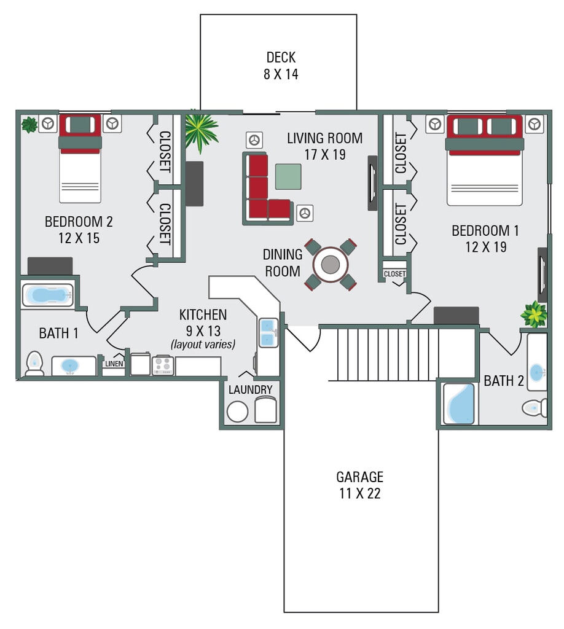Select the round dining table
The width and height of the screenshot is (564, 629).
330,264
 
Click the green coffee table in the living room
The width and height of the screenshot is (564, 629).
288,176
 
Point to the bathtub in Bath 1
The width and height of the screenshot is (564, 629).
49,295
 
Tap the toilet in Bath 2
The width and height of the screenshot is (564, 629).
535,407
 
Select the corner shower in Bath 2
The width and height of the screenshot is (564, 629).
458,404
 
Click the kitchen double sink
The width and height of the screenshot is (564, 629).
268,332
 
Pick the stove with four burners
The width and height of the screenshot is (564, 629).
163,365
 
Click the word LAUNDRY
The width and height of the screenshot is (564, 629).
250,390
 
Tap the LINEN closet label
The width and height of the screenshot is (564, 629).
114,364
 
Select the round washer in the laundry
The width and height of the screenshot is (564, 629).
237,411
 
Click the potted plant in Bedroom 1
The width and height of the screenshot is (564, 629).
533,314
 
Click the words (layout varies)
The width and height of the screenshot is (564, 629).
203,345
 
